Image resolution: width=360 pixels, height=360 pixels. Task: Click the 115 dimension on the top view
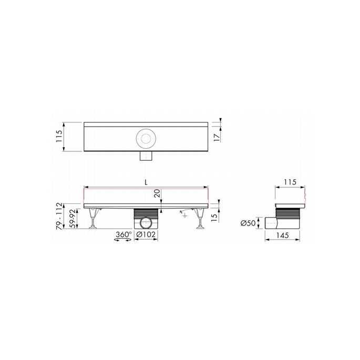click(59, 137)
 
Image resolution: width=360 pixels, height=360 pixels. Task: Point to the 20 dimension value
click(157, 194)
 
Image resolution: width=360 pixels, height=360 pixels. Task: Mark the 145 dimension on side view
click(283, 236)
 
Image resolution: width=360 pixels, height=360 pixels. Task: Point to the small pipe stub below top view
click(145, 156)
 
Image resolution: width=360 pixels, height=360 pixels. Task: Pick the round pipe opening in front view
click(145, 223)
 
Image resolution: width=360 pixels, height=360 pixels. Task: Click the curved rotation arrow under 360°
click(122, 241)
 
